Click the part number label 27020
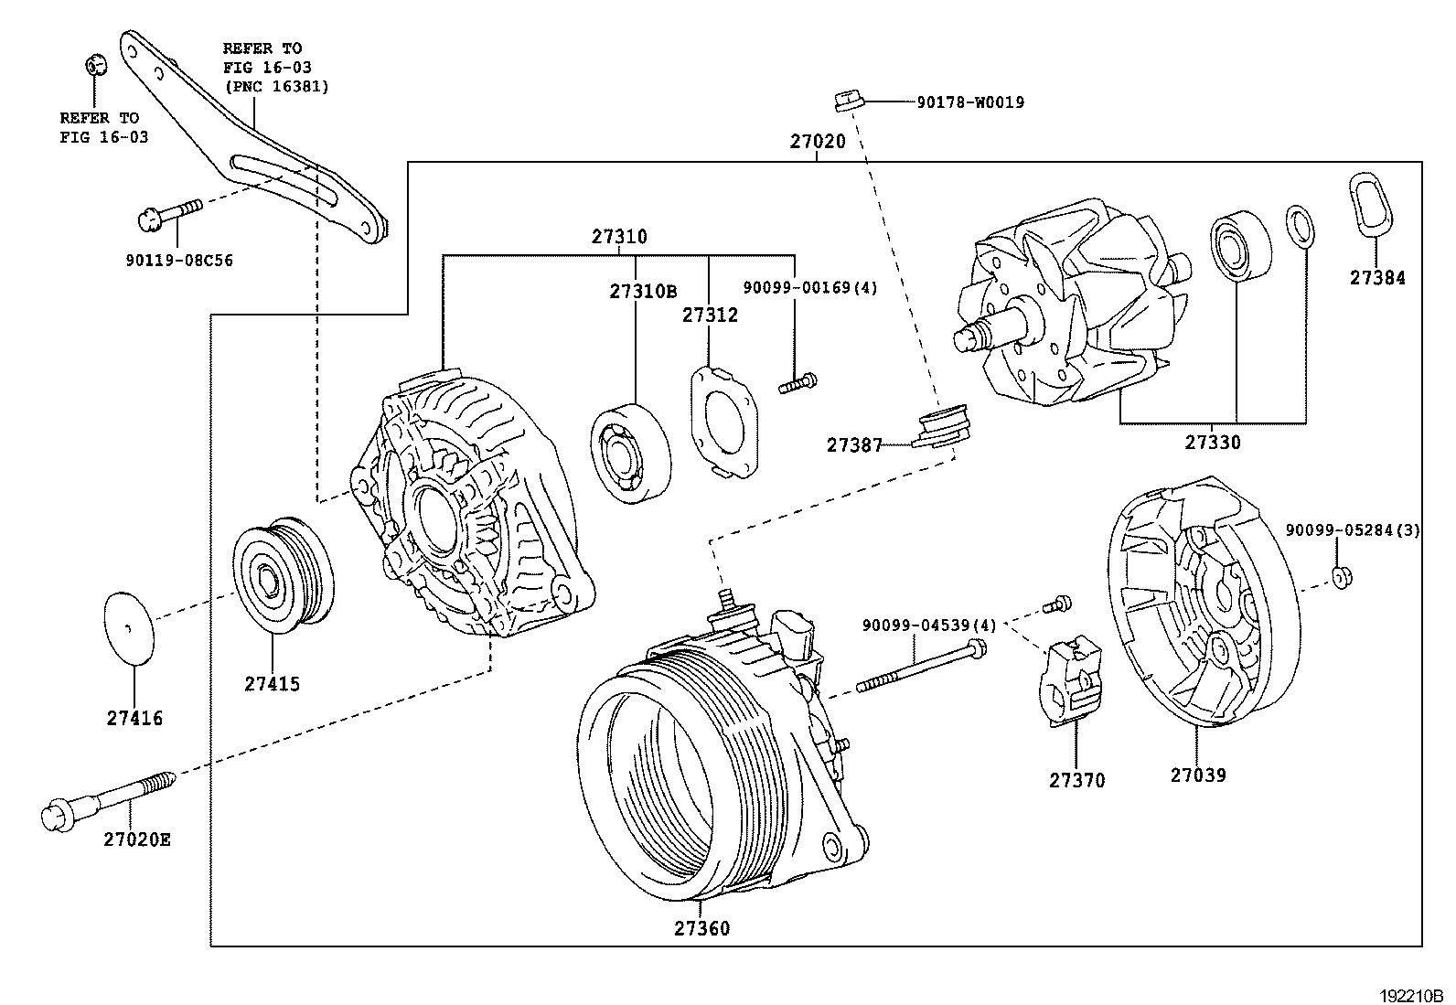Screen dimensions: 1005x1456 (x=818, y=142)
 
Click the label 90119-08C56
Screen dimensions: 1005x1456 (x=179, y=261)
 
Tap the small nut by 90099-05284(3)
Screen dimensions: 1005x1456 (x=1342, y=576)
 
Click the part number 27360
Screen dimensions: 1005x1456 (x=701, y=928)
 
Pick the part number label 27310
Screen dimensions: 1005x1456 (x=618, y=237)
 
